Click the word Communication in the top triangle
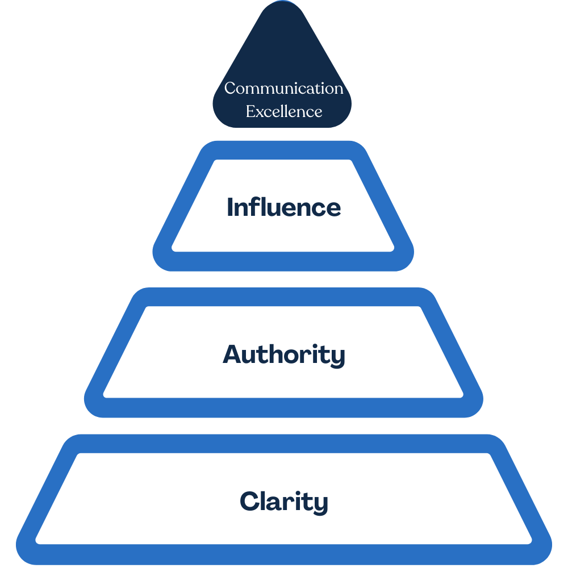283,89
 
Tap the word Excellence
283,111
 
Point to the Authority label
283,355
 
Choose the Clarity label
283,502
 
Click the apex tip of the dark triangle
282,5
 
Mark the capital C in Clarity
249,502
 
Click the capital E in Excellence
250,111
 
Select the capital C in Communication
230,89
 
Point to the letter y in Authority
339,358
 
